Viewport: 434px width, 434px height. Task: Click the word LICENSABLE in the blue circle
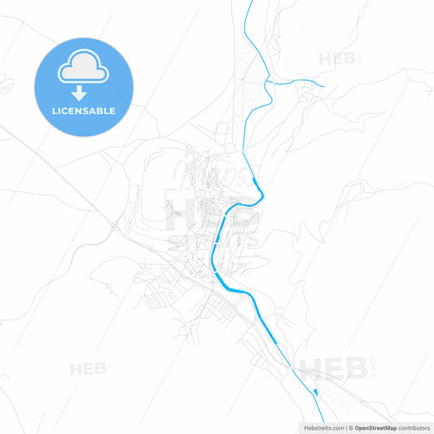point(83,111)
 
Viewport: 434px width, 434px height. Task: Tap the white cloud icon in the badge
point(83,69)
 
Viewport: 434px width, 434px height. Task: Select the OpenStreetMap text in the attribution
point(375,427)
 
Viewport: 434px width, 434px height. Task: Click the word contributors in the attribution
point(414,427)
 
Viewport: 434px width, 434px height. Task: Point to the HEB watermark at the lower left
point(90,369)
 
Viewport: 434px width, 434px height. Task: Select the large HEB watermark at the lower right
point(334,368)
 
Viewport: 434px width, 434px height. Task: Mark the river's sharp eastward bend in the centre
point(262,192)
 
